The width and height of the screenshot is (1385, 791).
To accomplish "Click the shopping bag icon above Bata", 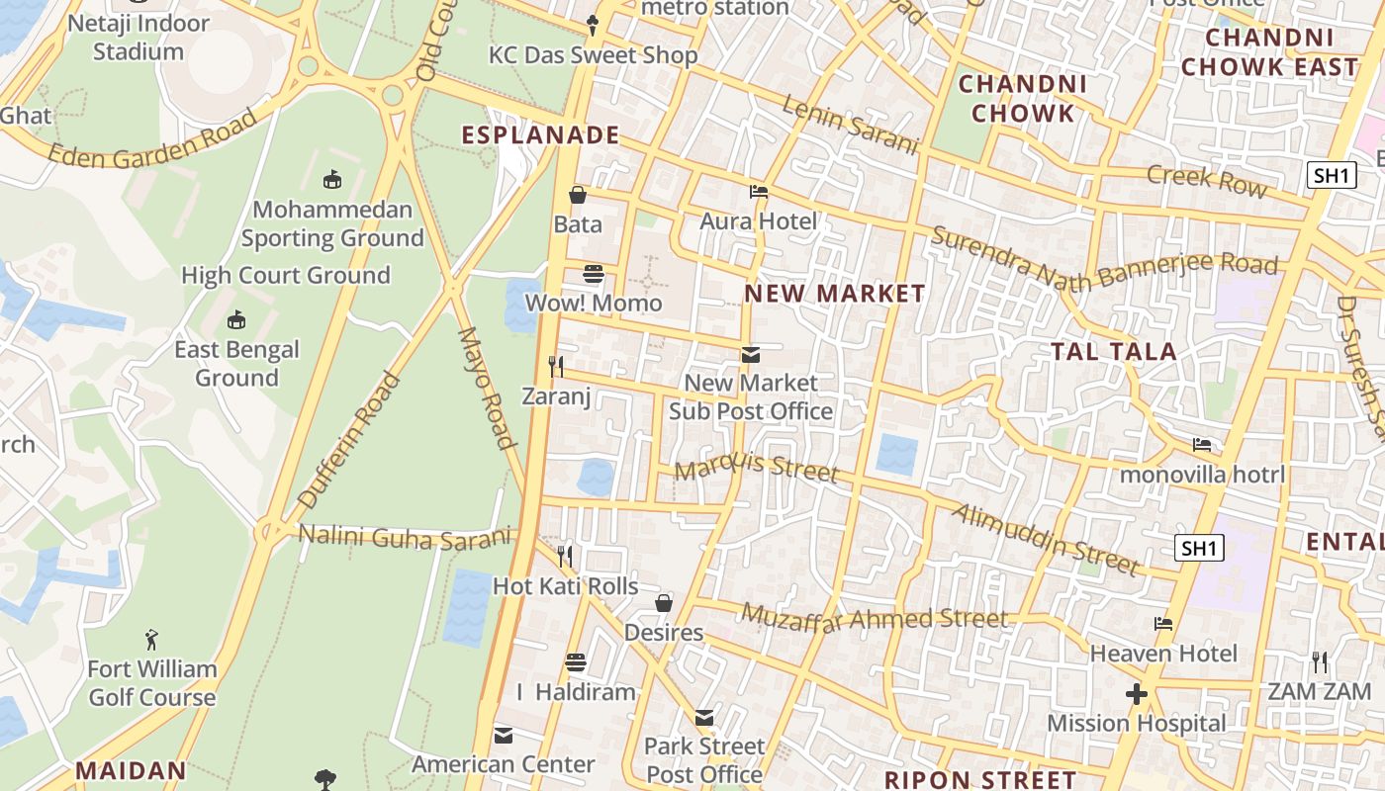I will pyautogui.click(x=578, y=195).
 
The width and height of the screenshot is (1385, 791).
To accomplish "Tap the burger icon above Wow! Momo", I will pyautogui.click(x=594, y=273).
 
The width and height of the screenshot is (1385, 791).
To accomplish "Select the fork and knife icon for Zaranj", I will pyautogui.click(x=556, y=367).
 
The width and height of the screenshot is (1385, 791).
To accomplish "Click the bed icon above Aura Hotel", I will pyautogui.click(x=759, y=192).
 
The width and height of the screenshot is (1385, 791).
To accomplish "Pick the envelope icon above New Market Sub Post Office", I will pyautogui.click(x=751, y=354).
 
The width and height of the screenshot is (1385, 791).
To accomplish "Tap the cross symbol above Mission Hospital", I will pyautogui.click(x=1137, y=694).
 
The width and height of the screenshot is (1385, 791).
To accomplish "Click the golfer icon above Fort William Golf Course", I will pyautogui.click(x=151, y=640).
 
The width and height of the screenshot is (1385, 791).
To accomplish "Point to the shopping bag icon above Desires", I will pyautogui.click(x=664, y=603).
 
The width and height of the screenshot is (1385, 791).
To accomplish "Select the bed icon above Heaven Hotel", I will pyautogui.click(x=1163, y=624).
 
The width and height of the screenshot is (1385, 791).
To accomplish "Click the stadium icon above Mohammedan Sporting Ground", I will pyautogui.click(x=332, y=180).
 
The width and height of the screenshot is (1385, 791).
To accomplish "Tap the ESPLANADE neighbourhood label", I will pyautogui.click(x=541, y=135).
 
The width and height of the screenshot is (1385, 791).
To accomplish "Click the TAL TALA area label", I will pyautogui.click(x=1113, y=351).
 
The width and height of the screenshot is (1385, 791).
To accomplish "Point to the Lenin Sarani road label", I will pyautogui.click(x=851, y=125).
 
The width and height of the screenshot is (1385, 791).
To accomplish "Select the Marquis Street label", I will pyautogui.click(x=757, y=466).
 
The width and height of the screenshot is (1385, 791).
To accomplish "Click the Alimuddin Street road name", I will pyautogui.click(x=1047, y=539).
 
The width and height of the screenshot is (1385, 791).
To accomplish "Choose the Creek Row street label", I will pyautogui.click(x=1206, y=180).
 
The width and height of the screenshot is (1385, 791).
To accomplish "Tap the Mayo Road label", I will pyautogui.click(x=486, y=388).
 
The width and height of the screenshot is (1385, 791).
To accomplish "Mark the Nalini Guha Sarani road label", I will pyautogui.click(x=407, y=537).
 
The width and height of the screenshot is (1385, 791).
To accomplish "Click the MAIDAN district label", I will pyautogui.click(x=131, y=770).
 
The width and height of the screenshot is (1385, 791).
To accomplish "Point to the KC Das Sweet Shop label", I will pyautogui.click(x=594, y=55).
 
